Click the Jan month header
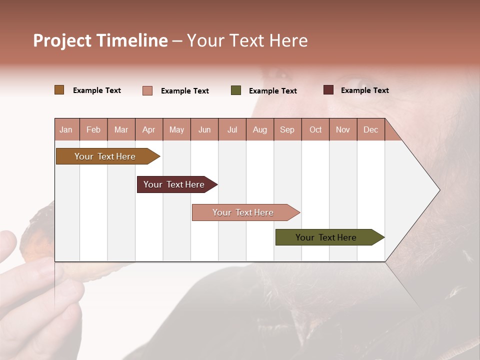tap(66, 129)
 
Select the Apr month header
tap(149, 129)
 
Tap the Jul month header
tap(232, 129)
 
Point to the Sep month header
tap(287, 129)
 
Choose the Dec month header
tap(370, 129)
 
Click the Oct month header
tap(315, 129)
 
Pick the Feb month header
tap(93, 129)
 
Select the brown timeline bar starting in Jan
tap(105, 156)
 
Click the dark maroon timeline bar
tap(174, 184)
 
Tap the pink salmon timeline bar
tap(243, 212)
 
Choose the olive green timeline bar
tap(326, 237)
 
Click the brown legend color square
tap(59, 90)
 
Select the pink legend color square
tap(147, 90)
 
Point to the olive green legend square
tap(236, 90)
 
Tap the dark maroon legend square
tap(328, 90)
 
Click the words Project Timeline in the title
tap(100, 40)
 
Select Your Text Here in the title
tap(247, 40)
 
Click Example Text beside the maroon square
tap(364, 90)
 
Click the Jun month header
tap(204, 129)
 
